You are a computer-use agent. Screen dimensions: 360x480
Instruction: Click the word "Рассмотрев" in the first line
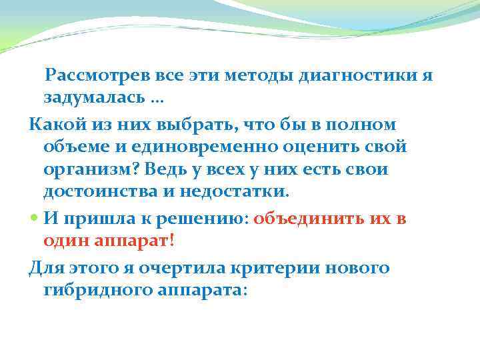click(x=93, y=75)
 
